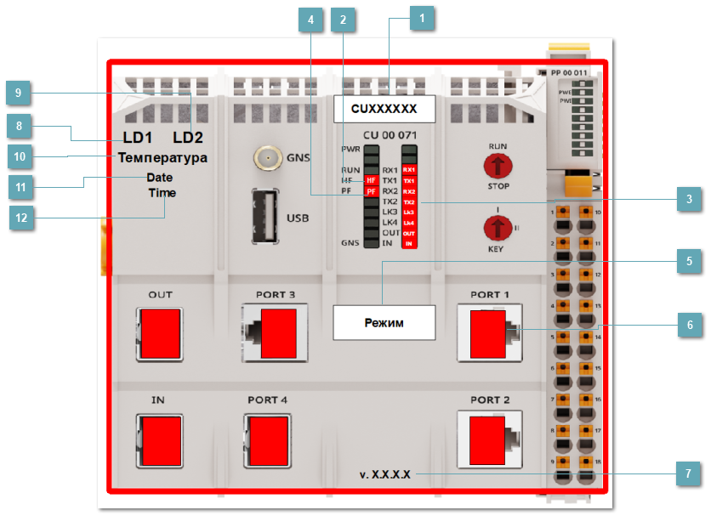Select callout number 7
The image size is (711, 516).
click(690, 473)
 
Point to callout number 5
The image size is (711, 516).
click(690, 262)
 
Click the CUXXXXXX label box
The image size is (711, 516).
click(384, 109)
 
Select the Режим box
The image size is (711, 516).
click(384, 323)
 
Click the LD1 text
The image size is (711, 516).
click(139, 138)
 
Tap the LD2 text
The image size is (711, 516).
click(189, 138)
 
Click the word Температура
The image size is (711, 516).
click(162, 158)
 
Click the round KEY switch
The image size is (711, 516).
click(497, 228)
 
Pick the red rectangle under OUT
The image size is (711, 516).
click(161, 332)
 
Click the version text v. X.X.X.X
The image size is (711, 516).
click(385, 474)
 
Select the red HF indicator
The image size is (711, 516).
click(371, 180)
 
